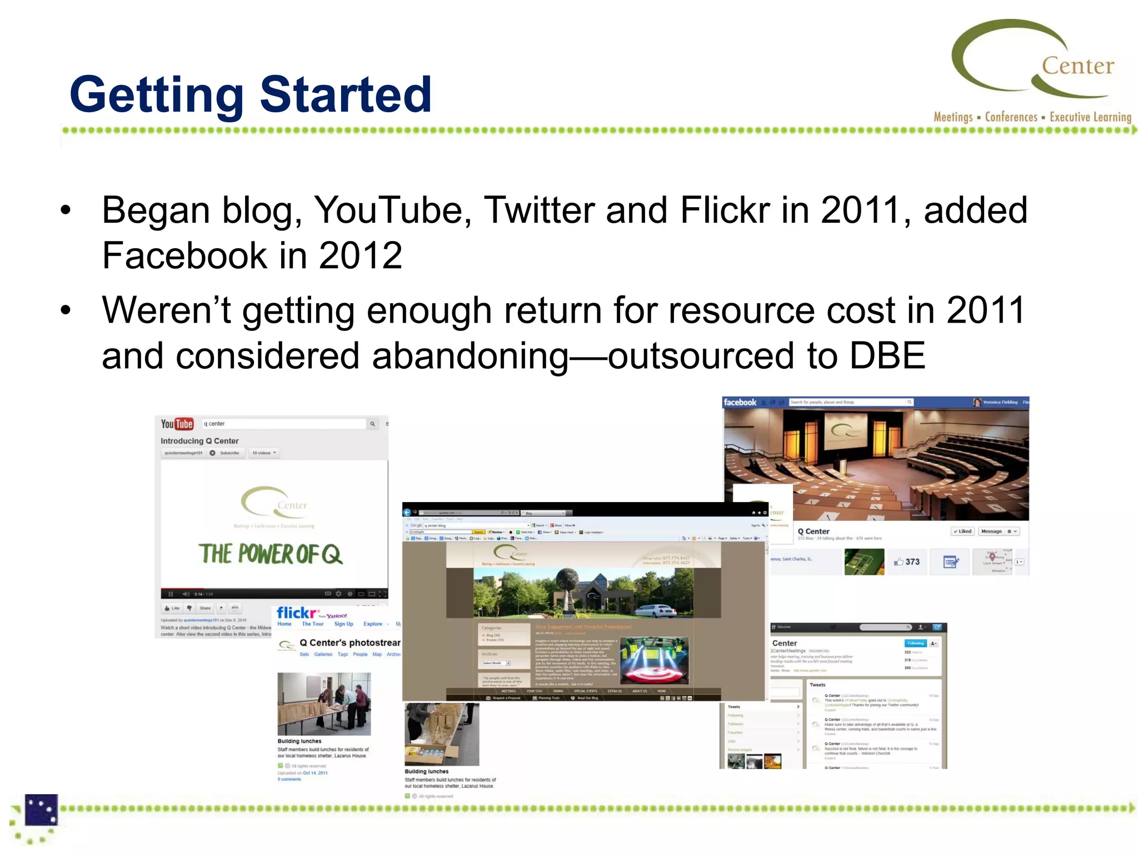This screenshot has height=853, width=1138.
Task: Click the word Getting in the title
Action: click(157, 96)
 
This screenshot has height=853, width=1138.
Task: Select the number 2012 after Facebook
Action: click(360, 256)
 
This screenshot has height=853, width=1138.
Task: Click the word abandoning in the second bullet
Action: click(470, 357)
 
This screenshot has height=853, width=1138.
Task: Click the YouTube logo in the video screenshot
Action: click(177, 424)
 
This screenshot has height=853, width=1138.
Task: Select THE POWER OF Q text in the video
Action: click(270, 554)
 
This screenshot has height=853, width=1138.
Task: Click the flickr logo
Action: click(297, 613)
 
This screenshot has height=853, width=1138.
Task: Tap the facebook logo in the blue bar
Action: click(740, 403)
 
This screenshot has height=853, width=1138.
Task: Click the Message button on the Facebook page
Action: click(991, 531)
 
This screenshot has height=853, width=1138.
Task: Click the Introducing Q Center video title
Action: click(199, 441)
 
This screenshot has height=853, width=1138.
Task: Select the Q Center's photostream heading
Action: click(350, 643)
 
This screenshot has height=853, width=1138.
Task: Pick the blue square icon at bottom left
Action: click(41, 810)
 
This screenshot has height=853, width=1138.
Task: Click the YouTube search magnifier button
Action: click(372, 424)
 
